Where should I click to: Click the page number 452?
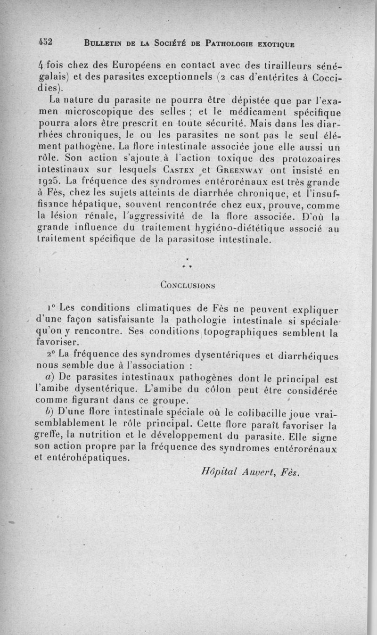45,41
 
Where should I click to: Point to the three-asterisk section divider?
188,265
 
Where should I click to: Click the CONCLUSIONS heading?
188,285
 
